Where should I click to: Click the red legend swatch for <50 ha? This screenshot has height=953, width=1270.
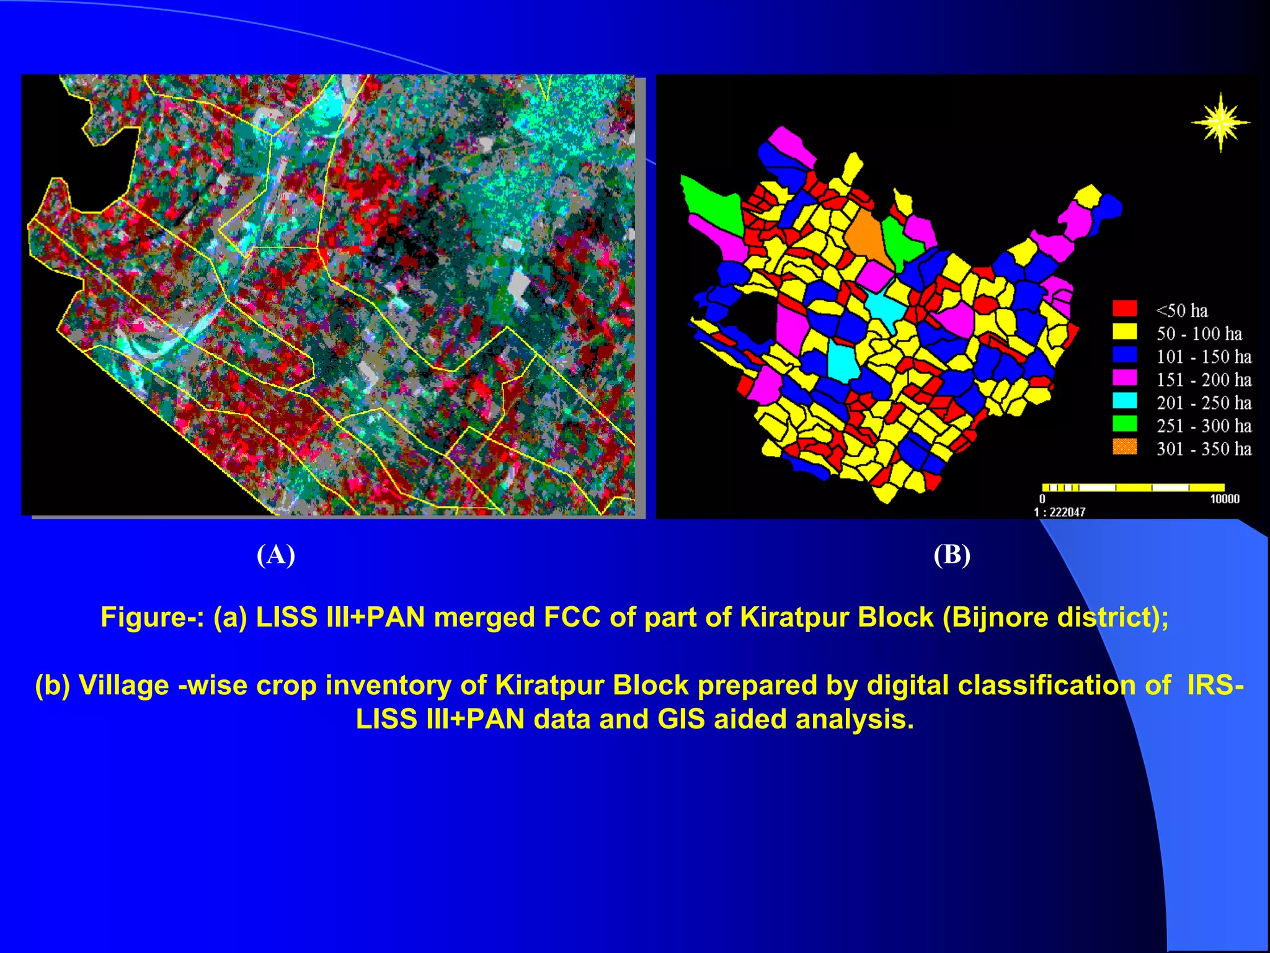[x=1124, y=308]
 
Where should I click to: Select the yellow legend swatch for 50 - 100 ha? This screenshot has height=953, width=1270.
[x=1124, y=331]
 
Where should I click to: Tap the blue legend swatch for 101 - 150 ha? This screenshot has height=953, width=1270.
[x=1124, y=355]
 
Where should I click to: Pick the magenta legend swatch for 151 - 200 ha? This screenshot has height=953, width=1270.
[x=1124, y=378]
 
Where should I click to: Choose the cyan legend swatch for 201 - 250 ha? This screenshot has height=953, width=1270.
[x=1124, y=401]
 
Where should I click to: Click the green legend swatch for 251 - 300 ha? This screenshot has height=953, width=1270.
[x=1124, y=424]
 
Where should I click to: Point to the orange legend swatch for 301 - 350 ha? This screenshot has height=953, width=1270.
[x=1124, y=447]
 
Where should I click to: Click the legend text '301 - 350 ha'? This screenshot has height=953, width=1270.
[x=1204, y=449]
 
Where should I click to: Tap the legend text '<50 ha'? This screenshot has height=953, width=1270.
[x=1182, y=310]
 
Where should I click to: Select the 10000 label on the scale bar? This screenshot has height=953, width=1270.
[x=1224, y=499]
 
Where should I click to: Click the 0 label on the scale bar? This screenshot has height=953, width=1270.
[x=1042, y=499]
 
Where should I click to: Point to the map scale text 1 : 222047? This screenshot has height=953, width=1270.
[x=1059, y=512]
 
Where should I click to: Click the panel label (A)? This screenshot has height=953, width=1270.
[x=276, y=555]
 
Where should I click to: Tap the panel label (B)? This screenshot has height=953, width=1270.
[x=952, y=555]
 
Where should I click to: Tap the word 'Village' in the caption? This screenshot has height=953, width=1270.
[x=123, y=686]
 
